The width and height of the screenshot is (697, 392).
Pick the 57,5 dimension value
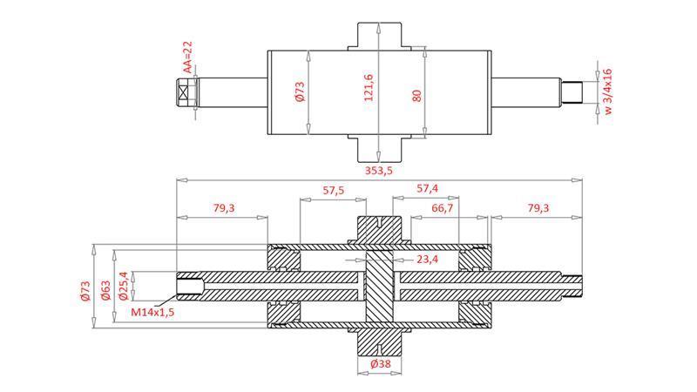tap(332, 189)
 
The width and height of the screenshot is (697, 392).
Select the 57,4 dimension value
tap(427, 188)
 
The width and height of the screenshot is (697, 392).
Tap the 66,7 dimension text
tap(442, 208)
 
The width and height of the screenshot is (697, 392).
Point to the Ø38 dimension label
tap(380, 364)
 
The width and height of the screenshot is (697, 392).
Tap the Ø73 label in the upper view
tap(300, 93)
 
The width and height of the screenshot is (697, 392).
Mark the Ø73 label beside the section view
tap(85, 289)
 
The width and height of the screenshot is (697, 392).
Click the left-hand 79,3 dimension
tap(222, 208)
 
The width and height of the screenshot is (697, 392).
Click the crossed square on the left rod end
tap(186, 92)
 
